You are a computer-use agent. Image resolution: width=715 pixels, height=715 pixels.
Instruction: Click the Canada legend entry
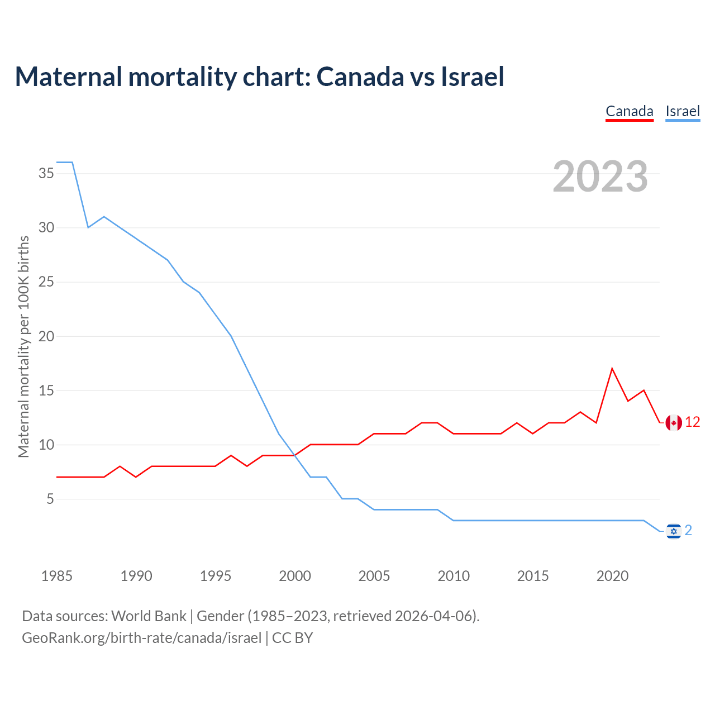coord(630,111)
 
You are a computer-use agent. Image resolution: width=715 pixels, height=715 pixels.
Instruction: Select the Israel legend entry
coord(683,111)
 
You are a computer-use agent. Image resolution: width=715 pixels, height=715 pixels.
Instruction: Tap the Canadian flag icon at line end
coord(674,423)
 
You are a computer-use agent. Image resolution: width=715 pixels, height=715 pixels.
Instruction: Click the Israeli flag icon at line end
coord(674,531)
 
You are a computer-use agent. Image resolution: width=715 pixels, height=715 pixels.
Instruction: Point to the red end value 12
coord(693,422)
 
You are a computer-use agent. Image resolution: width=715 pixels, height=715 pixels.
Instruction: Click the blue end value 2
coord(688,530)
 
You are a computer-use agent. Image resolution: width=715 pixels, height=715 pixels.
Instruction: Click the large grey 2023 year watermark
coord(600,177)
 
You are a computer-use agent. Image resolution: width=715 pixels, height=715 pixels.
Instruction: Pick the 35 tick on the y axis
coord(46,173)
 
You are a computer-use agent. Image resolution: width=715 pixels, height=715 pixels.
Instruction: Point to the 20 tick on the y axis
coord(46,336)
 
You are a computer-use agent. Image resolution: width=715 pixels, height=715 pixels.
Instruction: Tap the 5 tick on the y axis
coord(50,499)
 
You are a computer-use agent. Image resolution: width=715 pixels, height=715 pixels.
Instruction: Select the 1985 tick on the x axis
coord(57,576)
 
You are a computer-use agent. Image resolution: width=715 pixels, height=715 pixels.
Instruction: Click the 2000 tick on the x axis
coord(295,576)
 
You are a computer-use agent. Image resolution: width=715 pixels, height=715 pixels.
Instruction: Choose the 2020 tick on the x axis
coord(612,576)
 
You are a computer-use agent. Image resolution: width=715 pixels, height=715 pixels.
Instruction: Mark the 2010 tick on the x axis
coord(454,576)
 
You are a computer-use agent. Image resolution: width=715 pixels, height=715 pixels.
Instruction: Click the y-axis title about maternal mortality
coord(23,346)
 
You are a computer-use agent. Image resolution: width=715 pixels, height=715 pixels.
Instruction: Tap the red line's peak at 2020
coord(612,368)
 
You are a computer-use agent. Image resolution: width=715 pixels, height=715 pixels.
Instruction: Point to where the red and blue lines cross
coord(295,455)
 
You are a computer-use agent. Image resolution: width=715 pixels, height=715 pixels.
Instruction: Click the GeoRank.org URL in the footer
coord(142,638)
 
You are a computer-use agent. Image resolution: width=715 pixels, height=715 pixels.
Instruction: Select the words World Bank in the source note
coord(149,616)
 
